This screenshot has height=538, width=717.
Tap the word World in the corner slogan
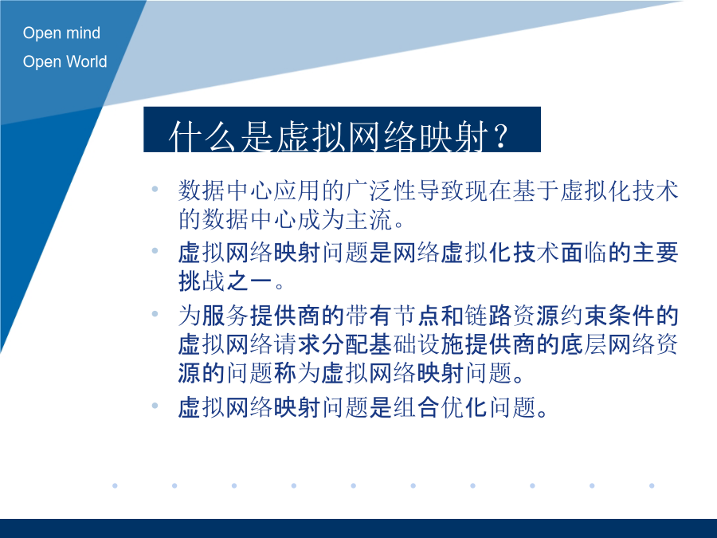click(x=84, y=61)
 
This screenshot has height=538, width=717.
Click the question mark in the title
click(x=501, y=135)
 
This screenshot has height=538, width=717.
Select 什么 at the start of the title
click(x=202, y=136)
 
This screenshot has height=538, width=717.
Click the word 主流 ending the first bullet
click(x=369, y=219)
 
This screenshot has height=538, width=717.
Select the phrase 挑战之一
click(x=225, y=281)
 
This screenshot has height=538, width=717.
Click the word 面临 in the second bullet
click(x=584, y=253)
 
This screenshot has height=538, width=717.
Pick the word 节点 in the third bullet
click(x=417, y=315)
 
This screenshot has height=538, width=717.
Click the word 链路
click(x=488, y=315)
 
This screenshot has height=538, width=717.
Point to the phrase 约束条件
click(x=608, y=315)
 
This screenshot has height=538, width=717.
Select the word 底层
click(x=584, y=344)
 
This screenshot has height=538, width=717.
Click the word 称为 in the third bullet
click(x=297, y=373)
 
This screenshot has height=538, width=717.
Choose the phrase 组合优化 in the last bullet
click(x=441, y=406)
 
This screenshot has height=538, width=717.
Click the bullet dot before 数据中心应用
click(x=155, y=188)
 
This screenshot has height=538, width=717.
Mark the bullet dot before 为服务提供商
click(x=155, y=314)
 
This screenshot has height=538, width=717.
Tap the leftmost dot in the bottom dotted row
click(x=115, y=485)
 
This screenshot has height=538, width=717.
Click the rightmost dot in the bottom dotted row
click(x=652, y=485)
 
